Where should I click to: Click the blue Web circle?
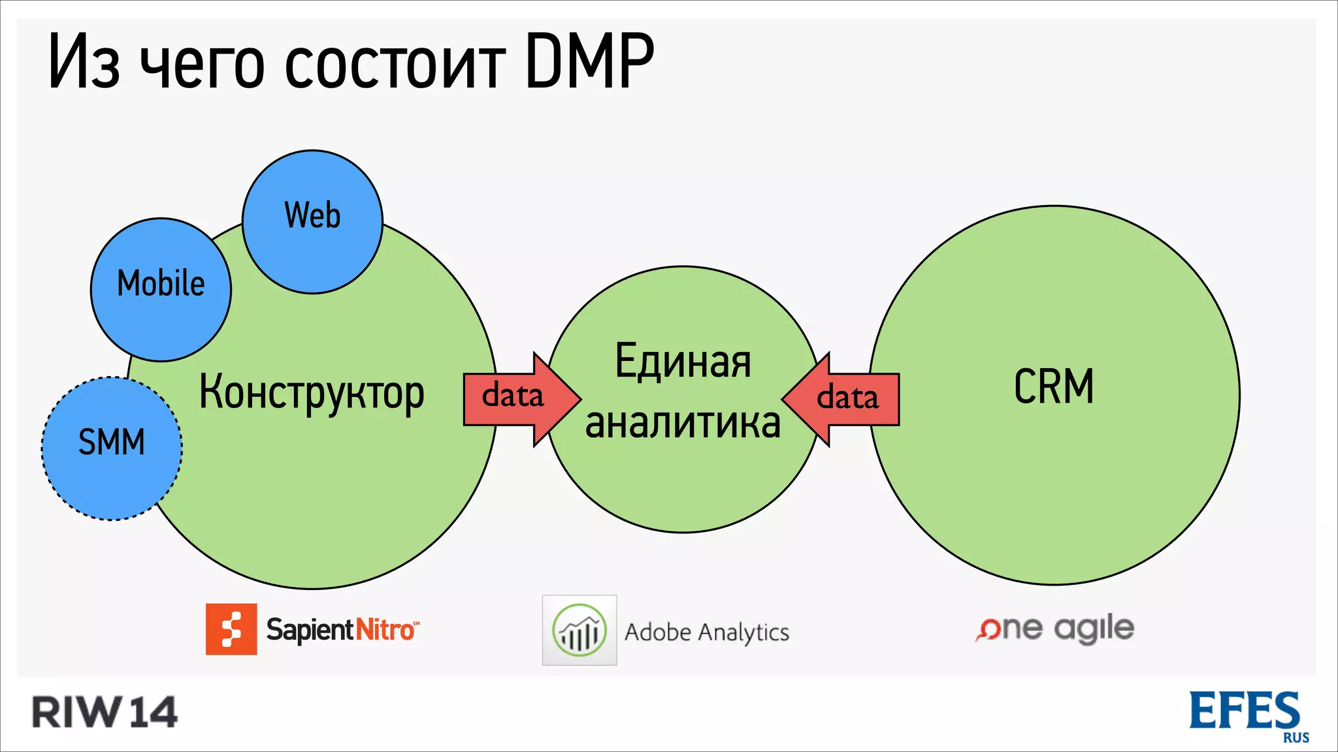click(x=312, y=222)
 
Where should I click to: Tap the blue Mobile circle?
click(x=161, y=289)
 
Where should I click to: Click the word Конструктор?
click(x=312, y=393)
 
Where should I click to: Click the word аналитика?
click(x=683, y=423)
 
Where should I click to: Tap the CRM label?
click(x=1054, y=386)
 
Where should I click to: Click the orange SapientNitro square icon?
click(x=231, y=629)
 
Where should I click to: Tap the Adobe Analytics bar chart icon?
click(x=579, y=631)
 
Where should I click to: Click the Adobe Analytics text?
click(x=707, y=632)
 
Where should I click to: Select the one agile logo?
click(x=1054, y=629)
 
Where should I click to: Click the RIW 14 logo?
click(x=105, y=712)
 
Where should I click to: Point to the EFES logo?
click(x=1245, y=711)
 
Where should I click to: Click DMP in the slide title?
click(x=589, y=62)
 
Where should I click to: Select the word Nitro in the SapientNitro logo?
click(x=385, y=630)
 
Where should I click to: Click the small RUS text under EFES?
click(x=1296, y=738)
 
